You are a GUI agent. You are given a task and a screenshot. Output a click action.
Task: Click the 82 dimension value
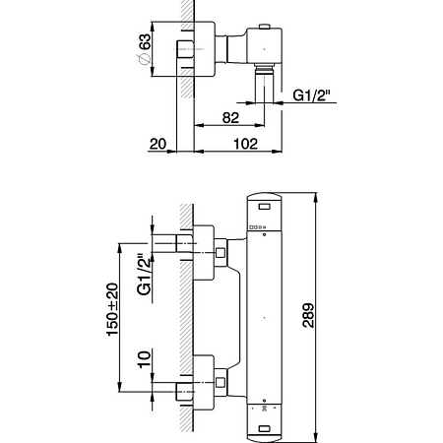coord(230,117)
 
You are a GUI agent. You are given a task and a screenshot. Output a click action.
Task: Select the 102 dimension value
coord(246,144)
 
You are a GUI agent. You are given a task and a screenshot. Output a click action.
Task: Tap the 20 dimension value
coord(158,144)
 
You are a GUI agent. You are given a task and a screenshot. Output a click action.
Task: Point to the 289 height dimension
coord(308,315)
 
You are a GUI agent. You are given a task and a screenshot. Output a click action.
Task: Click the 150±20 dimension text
coord(112,309)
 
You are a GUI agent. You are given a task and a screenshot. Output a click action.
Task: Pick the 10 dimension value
coord(145,359)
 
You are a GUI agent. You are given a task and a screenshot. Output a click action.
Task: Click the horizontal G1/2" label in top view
coord(311,95)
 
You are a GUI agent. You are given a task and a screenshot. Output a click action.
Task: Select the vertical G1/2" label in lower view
coord(145,275)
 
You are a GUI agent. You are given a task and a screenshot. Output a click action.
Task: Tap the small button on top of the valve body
coord(264,27)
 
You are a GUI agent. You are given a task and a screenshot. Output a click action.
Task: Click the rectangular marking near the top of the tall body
coord(264,207)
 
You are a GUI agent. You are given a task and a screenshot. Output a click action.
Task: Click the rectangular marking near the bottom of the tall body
coord(264,428)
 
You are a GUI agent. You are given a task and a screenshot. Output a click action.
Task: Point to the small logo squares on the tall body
coord(258,226)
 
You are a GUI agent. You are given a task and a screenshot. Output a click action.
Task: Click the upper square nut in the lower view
coord(221,253)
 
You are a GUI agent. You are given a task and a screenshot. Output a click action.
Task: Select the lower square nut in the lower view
coord(221,382)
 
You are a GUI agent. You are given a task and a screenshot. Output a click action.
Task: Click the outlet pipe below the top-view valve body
coord(265,84)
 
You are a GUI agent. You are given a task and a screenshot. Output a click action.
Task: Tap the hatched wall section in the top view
coord(187,49)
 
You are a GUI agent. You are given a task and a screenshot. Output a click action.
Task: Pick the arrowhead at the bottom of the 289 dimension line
coord(316,437)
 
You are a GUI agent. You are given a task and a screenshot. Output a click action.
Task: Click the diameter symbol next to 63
coord(144,59)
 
